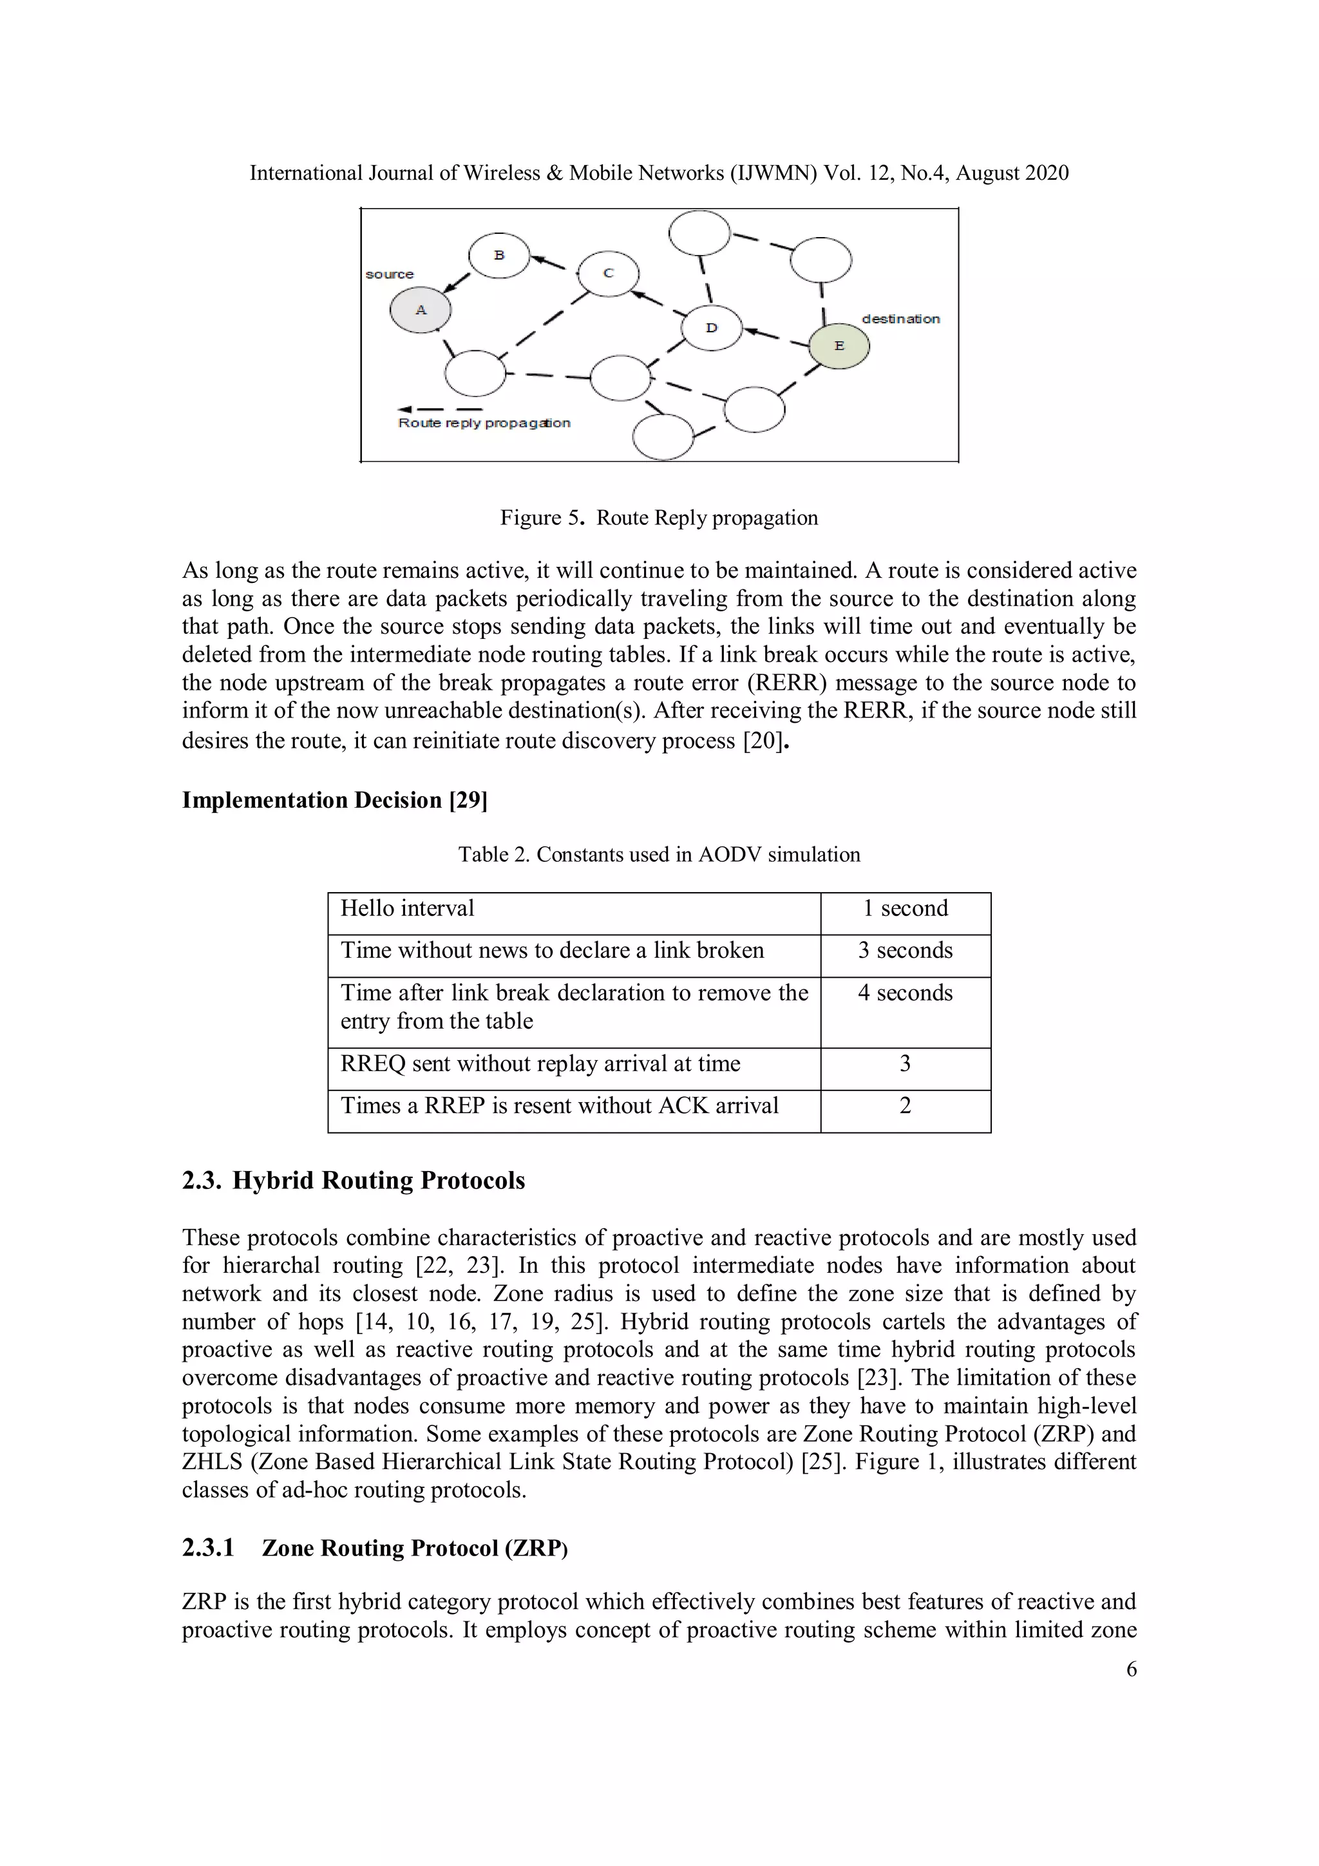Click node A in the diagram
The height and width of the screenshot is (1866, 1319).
pyautogui.click(x=420, y=310)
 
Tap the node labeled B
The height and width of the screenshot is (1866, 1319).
pyautogui.click(x=499, y=255)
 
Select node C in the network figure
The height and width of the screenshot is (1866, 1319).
pyautogui.click(x=608, y=273)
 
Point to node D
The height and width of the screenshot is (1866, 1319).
pyautogui.click(x=711, y=327)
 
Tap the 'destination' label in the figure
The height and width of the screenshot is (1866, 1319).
pyautogui.click(x=900, y=319)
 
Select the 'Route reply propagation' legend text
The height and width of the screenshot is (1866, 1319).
pyautogui.click(x=484, y=423)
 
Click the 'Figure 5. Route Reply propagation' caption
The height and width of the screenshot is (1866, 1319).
pyautogui.click(x=659, y=518)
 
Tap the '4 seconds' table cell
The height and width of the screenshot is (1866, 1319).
pyautogui.click(x=906, y=993)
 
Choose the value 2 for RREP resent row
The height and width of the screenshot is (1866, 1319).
pyautogui.click(x=906, y=1105)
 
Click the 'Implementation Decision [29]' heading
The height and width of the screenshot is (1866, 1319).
pyautogui.click(x=334, y=801)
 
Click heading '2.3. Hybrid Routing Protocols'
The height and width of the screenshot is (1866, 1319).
pyautogui.click(x=354, y=1180)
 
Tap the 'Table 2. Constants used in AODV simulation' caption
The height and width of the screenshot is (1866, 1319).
pyautogui.click(x=659, y=854)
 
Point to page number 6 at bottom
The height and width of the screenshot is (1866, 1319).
pyautogui.click(x=1130, y=1670)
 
